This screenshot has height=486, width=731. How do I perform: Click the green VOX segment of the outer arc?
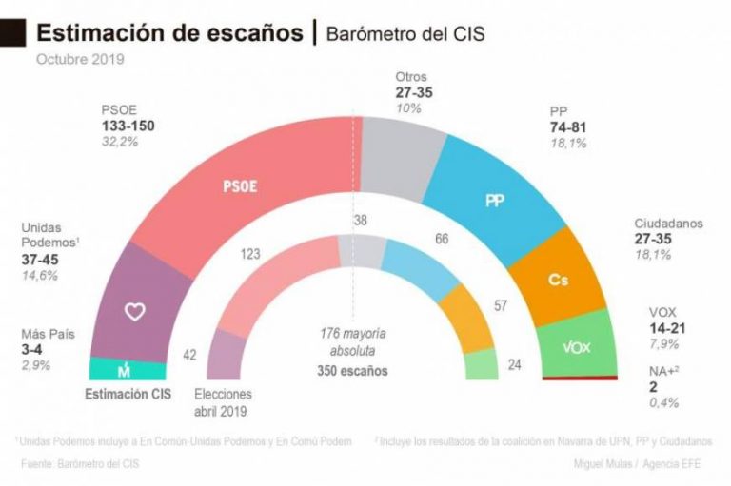pyautogui.click(x=578, y=346)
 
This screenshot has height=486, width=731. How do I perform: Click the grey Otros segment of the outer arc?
pyautogui.click(x=401, y=143)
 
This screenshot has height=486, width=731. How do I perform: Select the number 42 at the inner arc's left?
pyautogui.click(x=189, y=355)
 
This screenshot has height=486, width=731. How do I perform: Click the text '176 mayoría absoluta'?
pyautogui.click(x=353, y=340)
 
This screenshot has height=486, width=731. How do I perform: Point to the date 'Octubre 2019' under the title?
pyautogui.click(x=80, y=60)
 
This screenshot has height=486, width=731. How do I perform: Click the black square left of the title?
pyautogui.click(x=12, y=33)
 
